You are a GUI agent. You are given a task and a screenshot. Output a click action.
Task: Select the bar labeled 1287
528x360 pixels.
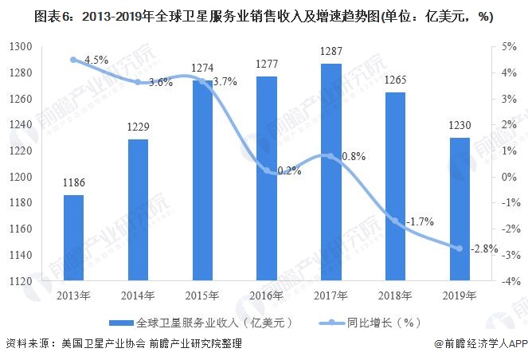tap(332, 172)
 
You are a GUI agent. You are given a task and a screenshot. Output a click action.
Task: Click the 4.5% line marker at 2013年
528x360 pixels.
tap(73, 60)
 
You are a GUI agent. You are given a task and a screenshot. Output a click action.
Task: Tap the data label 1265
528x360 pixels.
tap(397, 80)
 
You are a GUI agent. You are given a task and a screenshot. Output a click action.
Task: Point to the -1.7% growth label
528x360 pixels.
tap(417, 221)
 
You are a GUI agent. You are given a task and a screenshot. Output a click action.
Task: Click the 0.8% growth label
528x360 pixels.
tap(353, 156)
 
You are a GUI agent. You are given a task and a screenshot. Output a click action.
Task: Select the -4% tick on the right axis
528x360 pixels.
tap(510, 281)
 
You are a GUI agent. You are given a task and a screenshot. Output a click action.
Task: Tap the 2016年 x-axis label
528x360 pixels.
tap(268, 296)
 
